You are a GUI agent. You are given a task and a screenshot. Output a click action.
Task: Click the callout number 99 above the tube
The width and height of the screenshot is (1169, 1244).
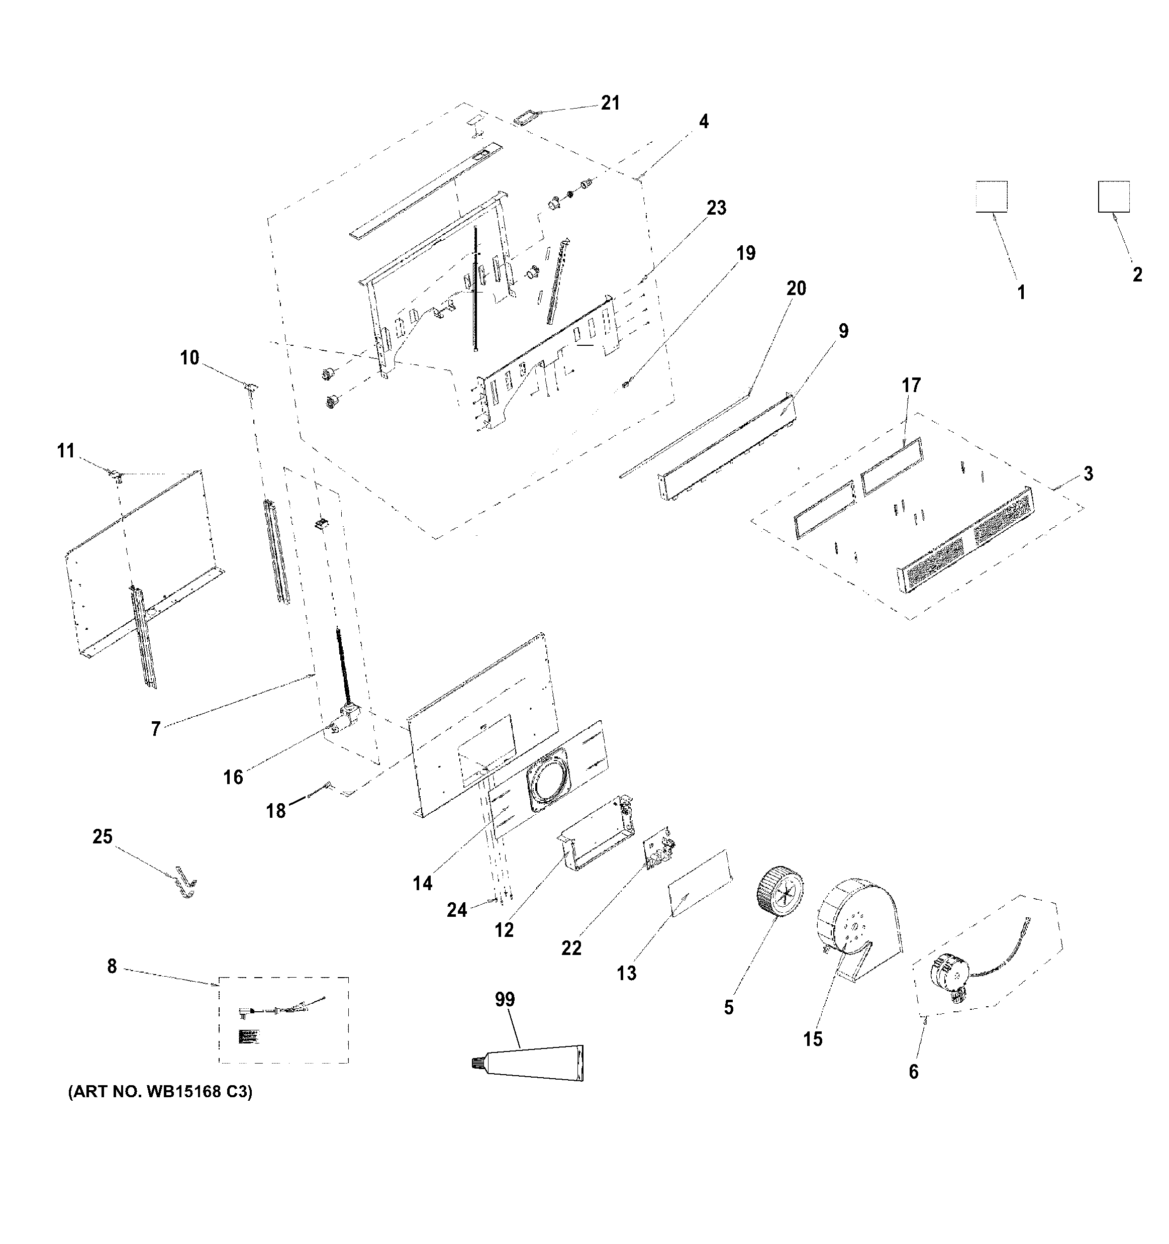point(505,999)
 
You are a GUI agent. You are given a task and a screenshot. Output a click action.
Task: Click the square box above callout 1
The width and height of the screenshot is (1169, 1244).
point(991,197)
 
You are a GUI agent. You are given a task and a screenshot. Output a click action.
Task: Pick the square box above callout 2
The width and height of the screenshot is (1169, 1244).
point(1113,197)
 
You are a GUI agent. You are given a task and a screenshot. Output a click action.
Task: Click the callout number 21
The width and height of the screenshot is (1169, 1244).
point(610,103)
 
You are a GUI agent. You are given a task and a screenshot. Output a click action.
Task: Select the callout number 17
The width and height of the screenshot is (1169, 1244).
point(911,385)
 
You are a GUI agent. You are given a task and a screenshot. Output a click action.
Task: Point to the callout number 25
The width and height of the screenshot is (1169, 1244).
point(103,837)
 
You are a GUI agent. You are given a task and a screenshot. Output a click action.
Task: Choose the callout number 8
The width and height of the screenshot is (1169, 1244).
point(112,966)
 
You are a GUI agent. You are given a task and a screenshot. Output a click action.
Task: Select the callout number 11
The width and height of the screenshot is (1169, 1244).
point(66,450)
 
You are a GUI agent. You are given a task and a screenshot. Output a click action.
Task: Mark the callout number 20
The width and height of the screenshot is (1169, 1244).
point(796,289)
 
